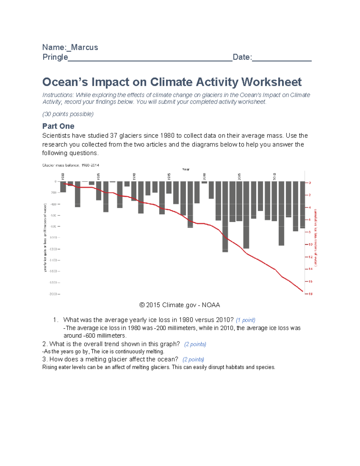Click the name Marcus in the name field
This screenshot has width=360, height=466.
click(x=84, y=47)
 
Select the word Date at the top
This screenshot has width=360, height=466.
click(x=241, y=57)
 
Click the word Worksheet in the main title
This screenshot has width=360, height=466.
click(x=271, y=82)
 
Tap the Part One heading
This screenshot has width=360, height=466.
click(x=58, y=126)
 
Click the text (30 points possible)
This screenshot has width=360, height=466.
click(x=68, y=114)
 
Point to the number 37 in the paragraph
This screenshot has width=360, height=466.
click(x=114, y=136)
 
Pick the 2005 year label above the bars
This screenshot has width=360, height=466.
click(x=239, y=176)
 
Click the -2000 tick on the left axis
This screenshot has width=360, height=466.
click(x=53, y=294)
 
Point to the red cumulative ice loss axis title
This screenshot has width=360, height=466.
click(x=316, y=237)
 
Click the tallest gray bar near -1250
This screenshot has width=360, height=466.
click(x=225, y=216)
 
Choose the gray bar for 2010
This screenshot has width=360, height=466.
click(x=274, y=201)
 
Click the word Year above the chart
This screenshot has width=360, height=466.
click(x=186, y=169)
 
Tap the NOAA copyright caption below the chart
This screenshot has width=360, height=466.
click(x=180, y=305)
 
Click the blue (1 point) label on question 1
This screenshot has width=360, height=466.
click(x=245, y=320)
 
